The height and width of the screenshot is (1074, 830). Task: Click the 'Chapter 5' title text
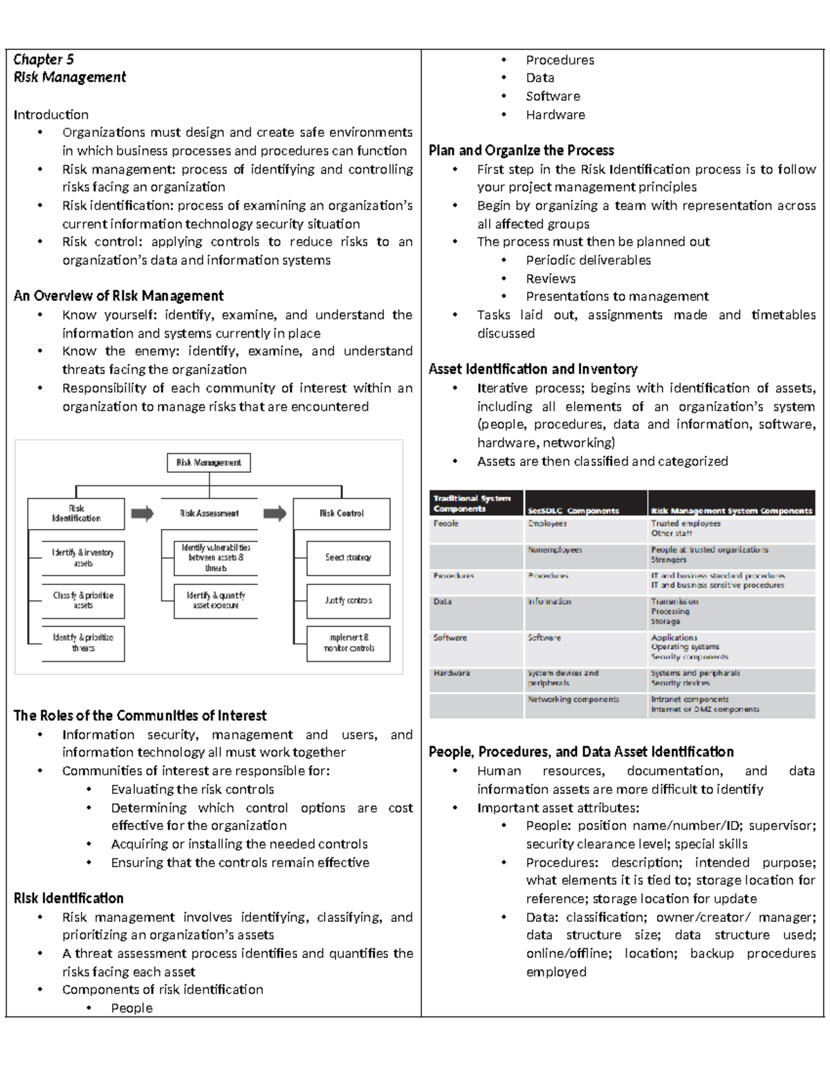(x=44, y=59)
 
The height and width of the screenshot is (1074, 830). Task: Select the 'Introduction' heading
(x=51, y=115)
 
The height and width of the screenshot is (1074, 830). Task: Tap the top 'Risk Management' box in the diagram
(x=209, y=463)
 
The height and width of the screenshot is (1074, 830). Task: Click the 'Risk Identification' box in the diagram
(x=76, y=514)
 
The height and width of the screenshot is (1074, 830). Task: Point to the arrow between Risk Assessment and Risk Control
(x=275, y=513)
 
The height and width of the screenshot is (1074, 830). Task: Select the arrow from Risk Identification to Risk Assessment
(x=142, y=513)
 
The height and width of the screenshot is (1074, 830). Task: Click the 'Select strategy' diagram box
(x=349, y=557)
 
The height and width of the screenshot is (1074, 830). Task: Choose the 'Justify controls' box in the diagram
(x=349, y=600)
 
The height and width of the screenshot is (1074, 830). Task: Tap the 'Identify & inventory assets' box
(x=83, y=558)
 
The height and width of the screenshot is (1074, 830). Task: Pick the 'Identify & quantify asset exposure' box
(x=215, y=600)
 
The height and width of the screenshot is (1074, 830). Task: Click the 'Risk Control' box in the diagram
(x=342, y=514)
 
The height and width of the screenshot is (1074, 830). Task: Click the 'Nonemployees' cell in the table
(x=555, y=550)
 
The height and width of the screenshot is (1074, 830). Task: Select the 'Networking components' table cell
(x=573, y=699)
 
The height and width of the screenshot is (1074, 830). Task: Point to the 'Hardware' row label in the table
(x=452, y=673)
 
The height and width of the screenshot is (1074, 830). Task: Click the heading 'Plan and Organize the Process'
(x=522, y=151)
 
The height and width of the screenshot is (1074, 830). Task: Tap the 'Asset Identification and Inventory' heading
(x=533, y=369)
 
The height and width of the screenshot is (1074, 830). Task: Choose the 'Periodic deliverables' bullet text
(x=588, y=260)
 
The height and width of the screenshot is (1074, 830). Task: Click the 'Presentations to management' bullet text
(x=617, y=297)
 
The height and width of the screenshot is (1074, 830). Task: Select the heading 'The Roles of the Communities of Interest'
(x=140, y=716)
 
